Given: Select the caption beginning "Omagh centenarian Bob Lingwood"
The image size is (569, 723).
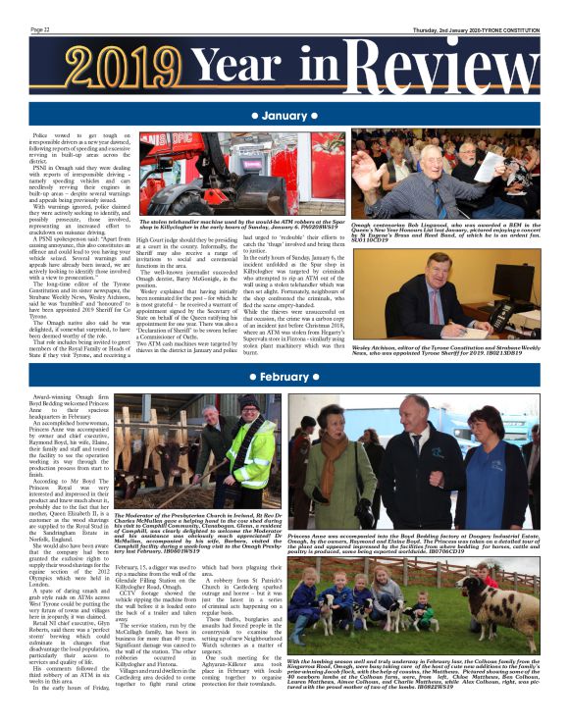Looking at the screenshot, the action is [x=445, y=228].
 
